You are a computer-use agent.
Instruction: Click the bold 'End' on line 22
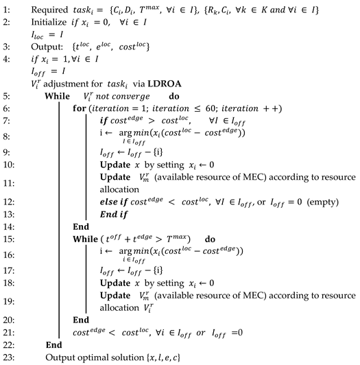53,345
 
